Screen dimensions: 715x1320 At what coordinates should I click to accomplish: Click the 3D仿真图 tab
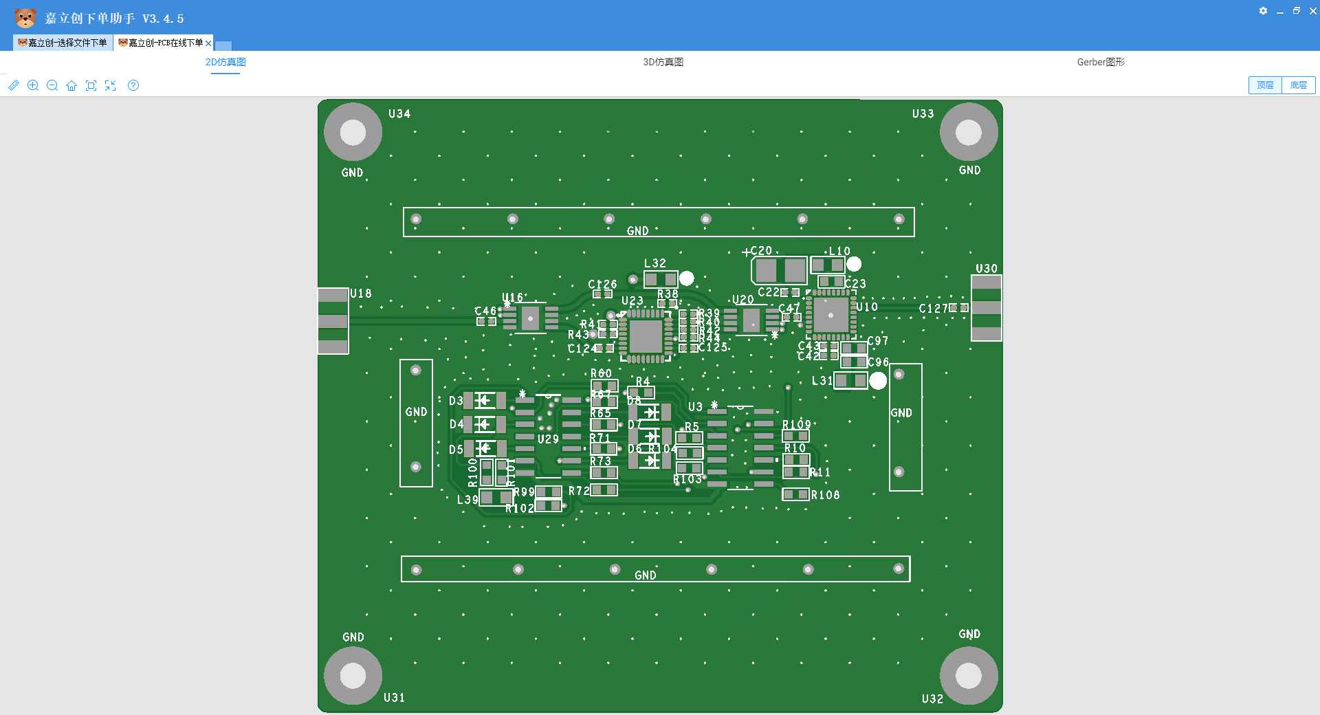[x=663, y=62]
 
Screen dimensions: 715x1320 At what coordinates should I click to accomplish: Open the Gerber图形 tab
[x=1100, y=62]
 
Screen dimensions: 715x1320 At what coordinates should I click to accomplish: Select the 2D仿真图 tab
[x=225, y=62]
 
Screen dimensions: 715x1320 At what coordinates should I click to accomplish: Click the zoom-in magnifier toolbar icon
[x=32, y=85]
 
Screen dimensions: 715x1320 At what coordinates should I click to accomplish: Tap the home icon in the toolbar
[x=71, y=85]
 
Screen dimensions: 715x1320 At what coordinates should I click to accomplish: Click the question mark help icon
[x=133, y=85]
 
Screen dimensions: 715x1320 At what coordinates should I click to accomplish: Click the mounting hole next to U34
[x=353, y=132]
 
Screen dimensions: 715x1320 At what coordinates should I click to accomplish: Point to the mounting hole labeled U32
[x=968, y=675]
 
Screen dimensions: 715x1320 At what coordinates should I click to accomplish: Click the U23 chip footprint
[x=646, y=336]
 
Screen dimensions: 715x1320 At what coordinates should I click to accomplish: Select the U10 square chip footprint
[x=830, y=316]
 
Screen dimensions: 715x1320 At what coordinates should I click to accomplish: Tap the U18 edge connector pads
[x=333, y=321]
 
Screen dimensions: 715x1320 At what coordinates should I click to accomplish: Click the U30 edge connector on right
[x=986, y=308]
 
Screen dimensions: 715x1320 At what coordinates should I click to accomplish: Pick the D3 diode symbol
[x=485, y=400]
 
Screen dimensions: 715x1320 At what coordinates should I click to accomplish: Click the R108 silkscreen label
[x=825, y=495]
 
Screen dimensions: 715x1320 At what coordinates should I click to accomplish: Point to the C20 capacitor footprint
[x=780, y=270]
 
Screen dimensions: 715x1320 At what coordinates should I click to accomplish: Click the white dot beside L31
[x=878, y=381]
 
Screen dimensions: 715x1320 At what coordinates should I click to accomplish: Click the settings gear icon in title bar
[x=1263, y=11]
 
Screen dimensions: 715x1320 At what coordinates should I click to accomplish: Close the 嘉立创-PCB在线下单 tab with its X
[x=208, y=43]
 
